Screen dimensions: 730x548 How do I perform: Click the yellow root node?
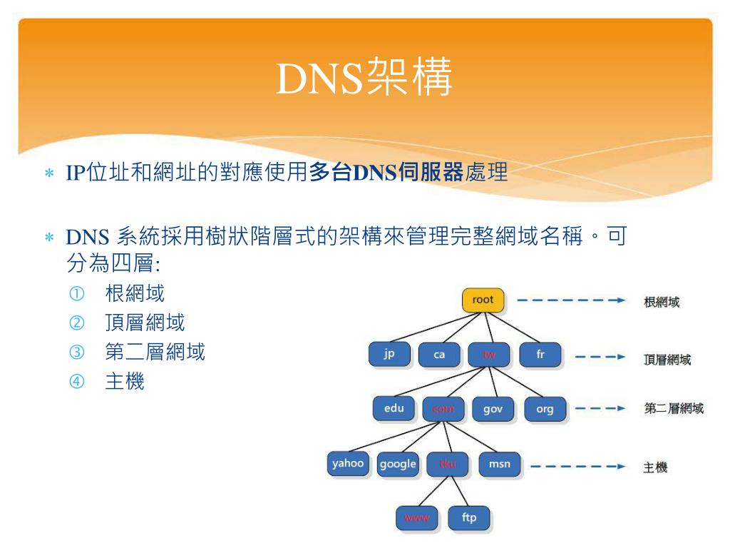click(x=483, y=300)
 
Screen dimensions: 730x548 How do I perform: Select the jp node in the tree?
click(x=389, y=355)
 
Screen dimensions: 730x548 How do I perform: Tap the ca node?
click(x=439, y=355)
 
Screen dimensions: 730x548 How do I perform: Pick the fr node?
click(x=540, y=354)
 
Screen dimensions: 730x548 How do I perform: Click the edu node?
click(x=394, y=409)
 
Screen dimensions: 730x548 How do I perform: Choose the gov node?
click(x=493, y=410)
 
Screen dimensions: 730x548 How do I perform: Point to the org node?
click(x=544, y=410)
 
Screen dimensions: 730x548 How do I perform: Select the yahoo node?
click(x=348, y=464)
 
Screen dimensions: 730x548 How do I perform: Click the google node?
click(x=398, y=464)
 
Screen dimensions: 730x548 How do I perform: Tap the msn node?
click(x=498, y=465)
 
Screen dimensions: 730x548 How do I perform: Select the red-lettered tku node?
click(x=447, y=465)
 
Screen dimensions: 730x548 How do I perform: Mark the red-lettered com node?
click(x=443, y=410)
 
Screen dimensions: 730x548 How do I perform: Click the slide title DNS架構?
click(x=364, y=80)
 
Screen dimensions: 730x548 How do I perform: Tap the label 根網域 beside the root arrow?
click(x=661, y=302)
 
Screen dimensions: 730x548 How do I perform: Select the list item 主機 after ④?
click(x=124, y=382)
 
